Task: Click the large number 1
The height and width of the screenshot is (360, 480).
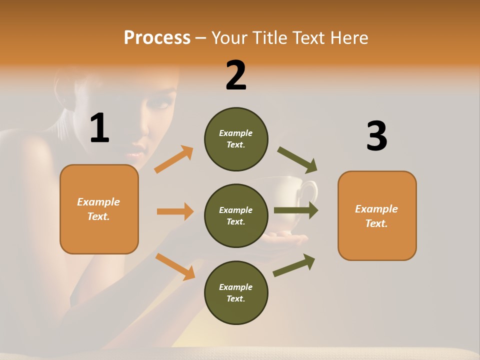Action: (99, 128)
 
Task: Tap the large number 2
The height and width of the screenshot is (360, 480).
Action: (236, 75)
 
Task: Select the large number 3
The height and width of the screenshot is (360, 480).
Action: (376, 136)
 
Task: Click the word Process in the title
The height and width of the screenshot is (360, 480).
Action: (157, 37)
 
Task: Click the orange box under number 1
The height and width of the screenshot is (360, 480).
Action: (99, 209)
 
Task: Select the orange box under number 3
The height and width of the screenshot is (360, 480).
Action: (377, 215)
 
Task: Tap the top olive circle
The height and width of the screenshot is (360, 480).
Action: (236, 138)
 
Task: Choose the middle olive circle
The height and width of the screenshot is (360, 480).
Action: (236, 215)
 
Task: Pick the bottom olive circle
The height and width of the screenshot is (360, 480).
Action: (236, 292)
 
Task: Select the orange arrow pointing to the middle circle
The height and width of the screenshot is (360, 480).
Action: (175, 211)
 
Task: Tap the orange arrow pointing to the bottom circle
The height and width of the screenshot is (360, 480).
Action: (175, 266)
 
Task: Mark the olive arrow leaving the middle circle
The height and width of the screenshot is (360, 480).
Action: (296, 210)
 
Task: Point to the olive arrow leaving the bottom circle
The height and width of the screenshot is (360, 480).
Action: (294, 265)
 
